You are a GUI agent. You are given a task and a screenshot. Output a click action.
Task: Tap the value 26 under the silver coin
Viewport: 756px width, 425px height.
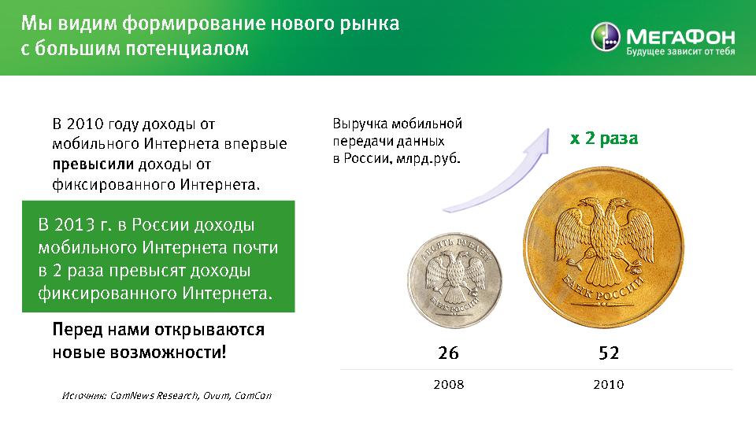point(448,353)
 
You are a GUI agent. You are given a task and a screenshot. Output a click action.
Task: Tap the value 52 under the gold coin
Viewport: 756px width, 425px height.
point(609,353)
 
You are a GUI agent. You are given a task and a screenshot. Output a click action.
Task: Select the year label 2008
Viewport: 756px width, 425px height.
point(448,385)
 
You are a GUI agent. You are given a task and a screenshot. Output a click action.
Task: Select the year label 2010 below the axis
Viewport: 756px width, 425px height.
point(609,385)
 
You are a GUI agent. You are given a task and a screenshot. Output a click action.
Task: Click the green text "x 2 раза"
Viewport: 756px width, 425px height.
point(604,139)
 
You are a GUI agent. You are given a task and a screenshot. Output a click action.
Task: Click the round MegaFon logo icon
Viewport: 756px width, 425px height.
point(605,36)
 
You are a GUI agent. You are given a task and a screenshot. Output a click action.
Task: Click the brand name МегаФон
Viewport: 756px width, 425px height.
point(680,36)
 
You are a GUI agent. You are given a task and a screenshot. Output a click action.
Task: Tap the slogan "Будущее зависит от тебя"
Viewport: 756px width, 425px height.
point(680,51)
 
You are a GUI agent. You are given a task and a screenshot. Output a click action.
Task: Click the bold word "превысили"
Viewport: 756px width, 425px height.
point(93,164)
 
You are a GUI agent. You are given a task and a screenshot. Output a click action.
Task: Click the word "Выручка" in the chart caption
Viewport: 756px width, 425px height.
point(360,124)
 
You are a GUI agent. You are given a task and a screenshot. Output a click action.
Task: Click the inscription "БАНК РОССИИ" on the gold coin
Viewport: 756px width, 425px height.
point(603,290)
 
